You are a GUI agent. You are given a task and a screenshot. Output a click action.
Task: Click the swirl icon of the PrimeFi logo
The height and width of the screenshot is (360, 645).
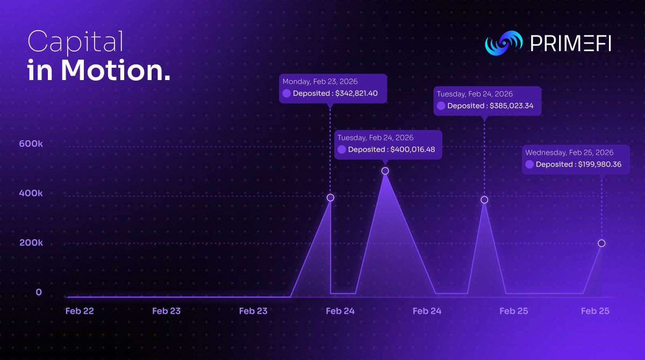point(504,44)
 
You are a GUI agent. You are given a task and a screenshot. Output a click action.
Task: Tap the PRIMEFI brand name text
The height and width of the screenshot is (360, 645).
point(570,44)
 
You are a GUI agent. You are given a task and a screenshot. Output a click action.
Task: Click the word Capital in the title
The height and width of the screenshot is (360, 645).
point(75,42)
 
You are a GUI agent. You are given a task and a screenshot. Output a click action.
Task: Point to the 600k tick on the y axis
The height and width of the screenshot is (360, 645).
point(31,144)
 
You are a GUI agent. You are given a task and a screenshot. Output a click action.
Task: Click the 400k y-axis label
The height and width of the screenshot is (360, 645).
point(31,193)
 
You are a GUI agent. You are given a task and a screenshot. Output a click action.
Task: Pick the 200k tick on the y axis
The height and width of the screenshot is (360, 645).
point(31,242)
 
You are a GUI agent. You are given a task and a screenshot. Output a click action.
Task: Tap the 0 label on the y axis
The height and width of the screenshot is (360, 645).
point(39,292)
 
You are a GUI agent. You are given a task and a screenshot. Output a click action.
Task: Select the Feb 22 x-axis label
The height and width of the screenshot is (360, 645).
point(80,311)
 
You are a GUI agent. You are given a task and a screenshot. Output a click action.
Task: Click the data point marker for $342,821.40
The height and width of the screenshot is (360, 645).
point(331,198)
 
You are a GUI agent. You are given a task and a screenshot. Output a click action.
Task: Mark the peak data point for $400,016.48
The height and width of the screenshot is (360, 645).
point(385,171)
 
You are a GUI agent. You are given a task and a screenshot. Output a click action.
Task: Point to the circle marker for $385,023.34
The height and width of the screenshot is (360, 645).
point(484,200)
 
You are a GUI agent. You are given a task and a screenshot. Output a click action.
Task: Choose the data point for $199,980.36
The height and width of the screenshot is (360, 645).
point(601,243)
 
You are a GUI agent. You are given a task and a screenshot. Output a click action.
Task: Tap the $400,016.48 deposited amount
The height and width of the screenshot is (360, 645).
point(412,149)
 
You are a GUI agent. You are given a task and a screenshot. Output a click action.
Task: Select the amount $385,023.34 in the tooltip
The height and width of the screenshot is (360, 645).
point(511,106)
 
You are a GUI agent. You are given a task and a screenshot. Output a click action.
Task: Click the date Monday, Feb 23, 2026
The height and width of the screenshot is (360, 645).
point(320,82)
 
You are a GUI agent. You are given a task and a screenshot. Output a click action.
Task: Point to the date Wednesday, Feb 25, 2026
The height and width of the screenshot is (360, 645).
point(569,153)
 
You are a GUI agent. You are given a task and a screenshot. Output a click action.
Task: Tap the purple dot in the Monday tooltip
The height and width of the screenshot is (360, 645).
point(286,93)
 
